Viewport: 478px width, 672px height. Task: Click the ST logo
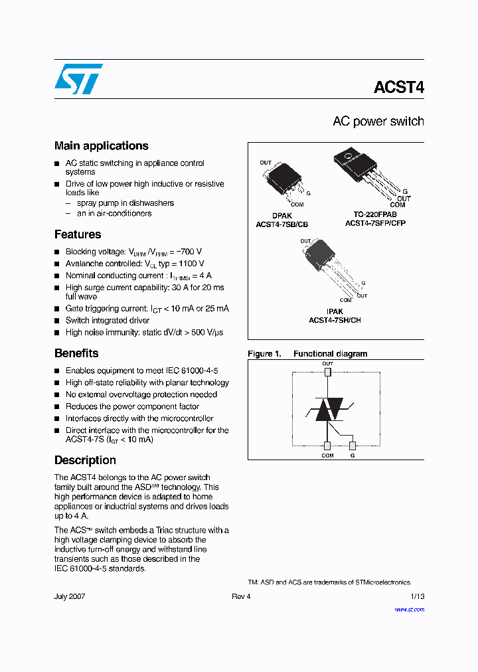coord(78,79)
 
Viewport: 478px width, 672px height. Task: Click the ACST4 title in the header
coord(398,88)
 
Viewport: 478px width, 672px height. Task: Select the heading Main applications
coord(101,146)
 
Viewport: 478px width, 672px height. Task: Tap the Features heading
coord(78,234)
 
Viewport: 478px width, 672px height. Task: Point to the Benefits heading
coord(76,353)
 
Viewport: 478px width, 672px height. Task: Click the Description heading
coord(85,460)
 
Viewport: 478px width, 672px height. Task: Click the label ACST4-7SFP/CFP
coord(375,224)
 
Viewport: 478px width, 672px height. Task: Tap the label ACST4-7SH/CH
coord(335,320)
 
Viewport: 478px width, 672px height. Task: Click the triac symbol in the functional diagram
coord(328,410)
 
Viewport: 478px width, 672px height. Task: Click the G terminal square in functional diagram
coord(353,446)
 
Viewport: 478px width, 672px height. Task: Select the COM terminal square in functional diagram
coord(327,446)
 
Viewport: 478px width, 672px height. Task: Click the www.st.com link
coord(410,609)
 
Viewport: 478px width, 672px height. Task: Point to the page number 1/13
coord(417,596)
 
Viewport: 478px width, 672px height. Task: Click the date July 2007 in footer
coord(70,596)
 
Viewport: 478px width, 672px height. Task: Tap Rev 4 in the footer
coord(241,596)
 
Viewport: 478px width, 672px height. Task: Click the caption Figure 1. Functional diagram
coord(307,354)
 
